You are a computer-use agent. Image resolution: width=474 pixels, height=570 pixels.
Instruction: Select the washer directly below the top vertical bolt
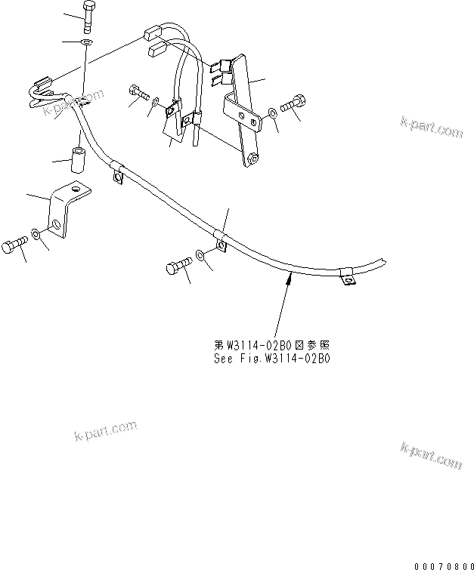[88, 44]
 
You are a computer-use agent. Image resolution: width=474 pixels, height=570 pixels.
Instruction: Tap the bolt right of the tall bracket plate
[293, 104]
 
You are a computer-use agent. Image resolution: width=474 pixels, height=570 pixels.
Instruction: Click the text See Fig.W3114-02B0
[270, 359]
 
